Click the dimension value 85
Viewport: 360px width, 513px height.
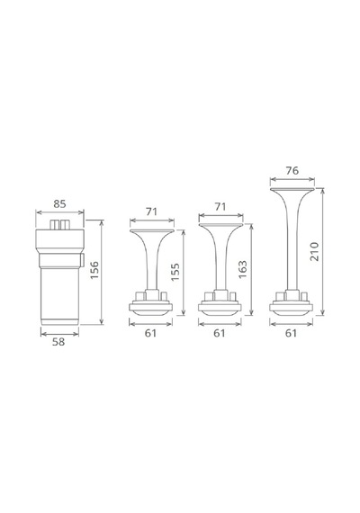[x=59, y=203]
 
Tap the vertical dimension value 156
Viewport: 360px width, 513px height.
[x=94, y=270]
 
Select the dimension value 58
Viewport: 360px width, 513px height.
[x=58, y=342]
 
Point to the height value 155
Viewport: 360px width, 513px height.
[x=175, y=272]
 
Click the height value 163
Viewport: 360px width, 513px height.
[x=242, y=270]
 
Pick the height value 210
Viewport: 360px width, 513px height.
[x=314, y=251]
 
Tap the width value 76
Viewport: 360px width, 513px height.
[x=292, y=171]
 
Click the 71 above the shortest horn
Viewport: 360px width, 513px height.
[x=151, y=211]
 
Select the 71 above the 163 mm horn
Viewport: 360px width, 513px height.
[x=220, y=207]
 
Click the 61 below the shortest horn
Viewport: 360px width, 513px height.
[x=150, y=333]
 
